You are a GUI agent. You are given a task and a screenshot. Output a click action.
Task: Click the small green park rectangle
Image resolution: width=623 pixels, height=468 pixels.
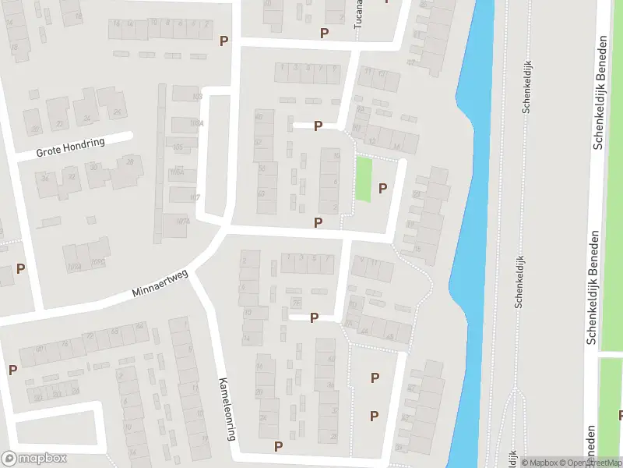[363, 179]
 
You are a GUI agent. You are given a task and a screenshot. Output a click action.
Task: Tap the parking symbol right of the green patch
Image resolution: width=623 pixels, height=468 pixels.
[382, 188]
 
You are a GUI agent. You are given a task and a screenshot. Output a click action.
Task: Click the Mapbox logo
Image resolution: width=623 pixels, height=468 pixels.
[33, 459]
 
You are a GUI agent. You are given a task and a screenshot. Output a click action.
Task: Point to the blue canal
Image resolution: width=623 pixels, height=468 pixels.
[467, 234]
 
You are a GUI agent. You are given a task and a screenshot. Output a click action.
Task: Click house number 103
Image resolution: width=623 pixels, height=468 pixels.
[197, 97]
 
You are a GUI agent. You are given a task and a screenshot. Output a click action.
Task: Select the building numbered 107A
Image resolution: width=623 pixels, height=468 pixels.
[184, 222]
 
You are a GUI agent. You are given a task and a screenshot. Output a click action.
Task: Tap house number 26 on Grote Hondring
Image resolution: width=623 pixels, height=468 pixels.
[118, 112]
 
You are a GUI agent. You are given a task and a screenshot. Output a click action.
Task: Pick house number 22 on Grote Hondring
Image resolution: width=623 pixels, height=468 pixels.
[58, 124]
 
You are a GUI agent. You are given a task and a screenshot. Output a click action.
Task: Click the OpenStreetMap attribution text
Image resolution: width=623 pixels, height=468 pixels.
[587, 463]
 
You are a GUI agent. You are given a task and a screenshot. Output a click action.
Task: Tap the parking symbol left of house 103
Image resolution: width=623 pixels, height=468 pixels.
[224, 41]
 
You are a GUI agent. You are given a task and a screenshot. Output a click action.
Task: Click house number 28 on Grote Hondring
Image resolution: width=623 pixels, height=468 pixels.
[129, 162]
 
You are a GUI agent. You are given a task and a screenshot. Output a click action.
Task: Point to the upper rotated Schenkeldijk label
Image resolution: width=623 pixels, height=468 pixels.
[526, 94]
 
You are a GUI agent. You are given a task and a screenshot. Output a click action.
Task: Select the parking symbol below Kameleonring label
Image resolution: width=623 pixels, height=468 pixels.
[278, 446]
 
